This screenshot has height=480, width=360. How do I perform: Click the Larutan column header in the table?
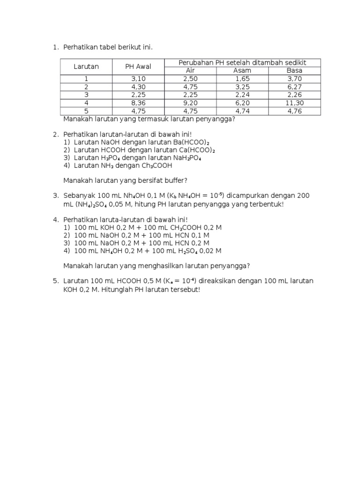point(86,67)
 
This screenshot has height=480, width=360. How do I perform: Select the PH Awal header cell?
point(138,67)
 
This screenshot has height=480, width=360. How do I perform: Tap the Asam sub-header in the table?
point(242,71)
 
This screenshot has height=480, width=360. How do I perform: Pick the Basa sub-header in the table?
point(294,71)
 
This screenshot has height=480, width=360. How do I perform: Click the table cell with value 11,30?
point(294,103)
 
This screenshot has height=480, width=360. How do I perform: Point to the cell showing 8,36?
point(138,103)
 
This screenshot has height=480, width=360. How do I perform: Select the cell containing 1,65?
point(242,79)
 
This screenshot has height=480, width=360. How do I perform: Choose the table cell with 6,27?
point(294,87)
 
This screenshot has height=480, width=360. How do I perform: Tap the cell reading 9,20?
point(190,103)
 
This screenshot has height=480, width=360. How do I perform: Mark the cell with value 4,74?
point(242,111)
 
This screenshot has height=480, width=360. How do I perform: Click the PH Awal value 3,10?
point(138,79)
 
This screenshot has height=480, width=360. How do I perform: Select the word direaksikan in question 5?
point(217,281)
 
